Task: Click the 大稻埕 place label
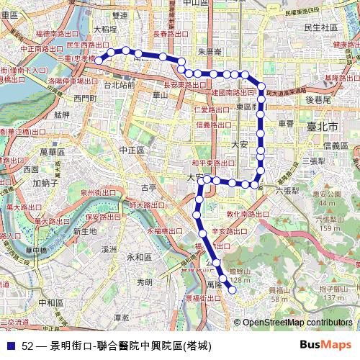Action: (x=105, y=29)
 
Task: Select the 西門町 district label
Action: (x=84, y=97)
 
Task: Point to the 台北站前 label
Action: (x=119, y=84)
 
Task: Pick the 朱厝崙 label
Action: (x=210, y=51)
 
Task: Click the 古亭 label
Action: (x=148, y=187)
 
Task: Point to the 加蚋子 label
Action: (x=45, y=183)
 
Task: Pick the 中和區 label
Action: (x=52, y=302)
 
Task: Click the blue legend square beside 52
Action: (x=9, y=346)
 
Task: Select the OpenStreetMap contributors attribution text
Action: (x=297, y=323)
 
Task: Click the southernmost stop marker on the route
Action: (x=232, y=290)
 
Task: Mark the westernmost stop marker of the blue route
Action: (x=102, y=58)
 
